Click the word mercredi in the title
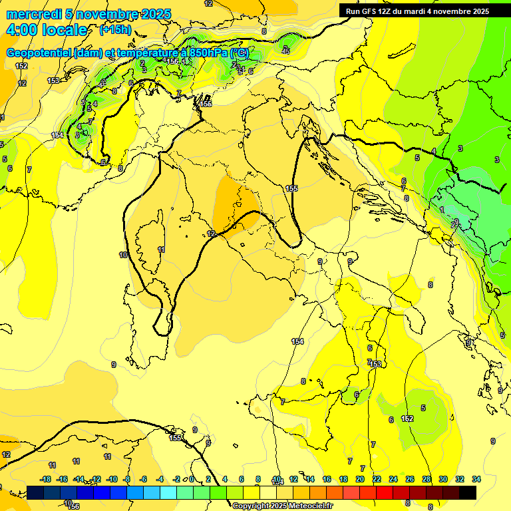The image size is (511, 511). pos(30,14)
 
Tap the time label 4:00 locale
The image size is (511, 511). pos(46,30)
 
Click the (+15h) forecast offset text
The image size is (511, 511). pos(114,30)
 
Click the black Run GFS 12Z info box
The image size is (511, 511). pos(418,11)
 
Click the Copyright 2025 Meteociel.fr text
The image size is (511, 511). pos(282,506)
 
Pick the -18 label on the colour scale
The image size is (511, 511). pos(45,479)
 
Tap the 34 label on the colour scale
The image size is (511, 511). pos(476,479)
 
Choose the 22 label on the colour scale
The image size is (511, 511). pos(376,479)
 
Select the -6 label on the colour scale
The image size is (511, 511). pos(144,479)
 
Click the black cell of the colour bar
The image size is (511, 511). pos(468,492)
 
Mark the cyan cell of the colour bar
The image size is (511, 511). pos(168,492)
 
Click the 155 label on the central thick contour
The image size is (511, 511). pos(291,189)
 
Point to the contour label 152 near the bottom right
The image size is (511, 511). pos(407,419)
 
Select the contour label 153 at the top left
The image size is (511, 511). pos(53,81)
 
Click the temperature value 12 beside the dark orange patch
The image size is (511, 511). pos(211,234)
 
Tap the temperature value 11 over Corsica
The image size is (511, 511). pos(161,250)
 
